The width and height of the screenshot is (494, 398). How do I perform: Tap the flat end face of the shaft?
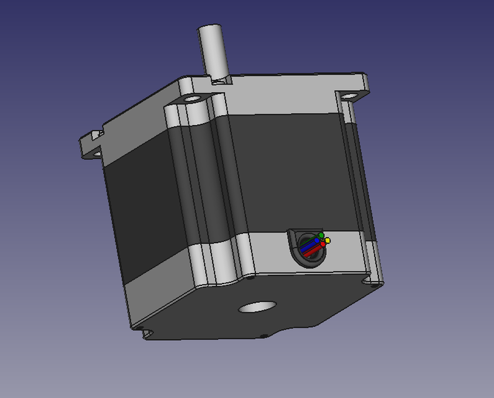[210, 29]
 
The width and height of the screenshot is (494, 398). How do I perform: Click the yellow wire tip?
[327, 241]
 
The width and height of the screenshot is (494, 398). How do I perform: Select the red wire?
[314, 251]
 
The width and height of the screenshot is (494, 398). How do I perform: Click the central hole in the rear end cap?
[257, 307]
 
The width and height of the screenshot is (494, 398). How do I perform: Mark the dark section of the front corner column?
[202, 180]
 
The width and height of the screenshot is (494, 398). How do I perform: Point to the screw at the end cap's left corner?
[140, 328]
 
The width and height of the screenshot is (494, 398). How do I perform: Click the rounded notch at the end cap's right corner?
[375, 281]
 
